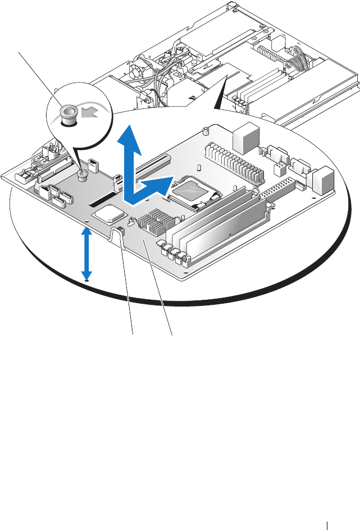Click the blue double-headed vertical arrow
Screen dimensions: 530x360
point(85,253)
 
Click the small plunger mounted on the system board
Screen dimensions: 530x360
point(83,176)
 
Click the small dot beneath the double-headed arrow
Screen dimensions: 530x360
point(85,281)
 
